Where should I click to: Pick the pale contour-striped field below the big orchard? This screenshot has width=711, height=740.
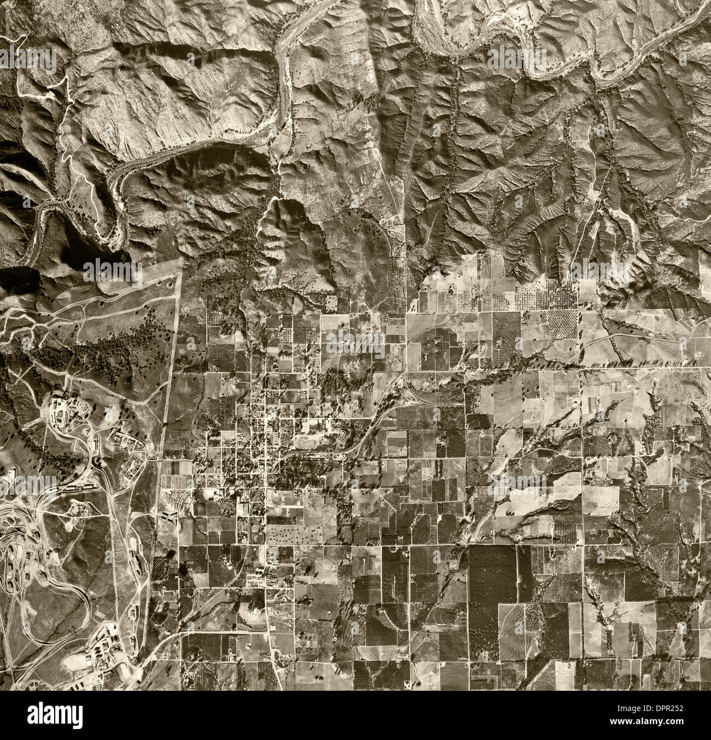pyautogui.click(x=512, y=624)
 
